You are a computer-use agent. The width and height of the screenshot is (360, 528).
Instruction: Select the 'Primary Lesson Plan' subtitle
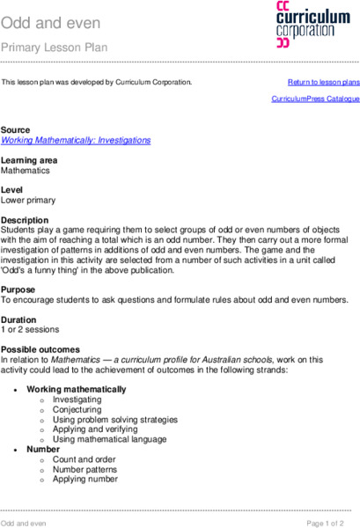coord(55,47)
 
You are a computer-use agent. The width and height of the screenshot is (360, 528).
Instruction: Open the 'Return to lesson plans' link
coord(324,82)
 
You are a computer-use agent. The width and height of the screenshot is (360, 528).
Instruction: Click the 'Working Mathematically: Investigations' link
coord(76,140)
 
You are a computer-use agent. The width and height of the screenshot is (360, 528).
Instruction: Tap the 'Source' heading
coord(16,129)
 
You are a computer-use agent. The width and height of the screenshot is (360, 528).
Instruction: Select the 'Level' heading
coord(12,189)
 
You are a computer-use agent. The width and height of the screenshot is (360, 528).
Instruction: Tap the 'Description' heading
coord(25,219)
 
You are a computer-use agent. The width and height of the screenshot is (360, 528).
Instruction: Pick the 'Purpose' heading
coord(20,289)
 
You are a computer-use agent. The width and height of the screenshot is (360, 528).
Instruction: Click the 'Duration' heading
coord(20,319)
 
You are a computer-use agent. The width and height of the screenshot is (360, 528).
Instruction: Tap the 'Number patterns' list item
coord(85,469)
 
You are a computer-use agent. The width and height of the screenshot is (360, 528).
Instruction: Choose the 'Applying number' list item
coord(84,479)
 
